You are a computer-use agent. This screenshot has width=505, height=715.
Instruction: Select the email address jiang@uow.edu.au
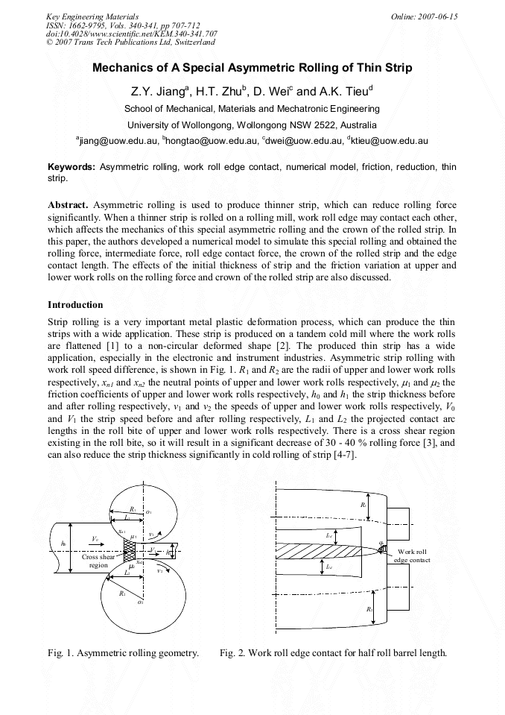118,139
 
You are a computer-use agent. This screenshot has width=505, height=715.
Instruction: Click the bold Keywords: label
72,168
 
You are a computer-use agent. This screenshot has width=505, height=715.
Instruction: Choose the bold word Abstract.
69,204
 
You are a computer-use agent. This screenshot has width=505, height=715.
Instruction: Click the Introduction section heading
75,305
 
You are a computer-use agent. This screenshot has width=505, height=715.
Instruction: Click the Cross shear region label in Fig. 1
98,561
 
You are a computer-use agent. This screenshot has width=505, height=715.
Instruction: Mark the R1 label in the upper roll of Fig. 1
132,508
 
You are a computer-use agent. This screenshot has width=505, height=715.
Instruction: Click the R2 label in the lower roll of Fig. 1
122,593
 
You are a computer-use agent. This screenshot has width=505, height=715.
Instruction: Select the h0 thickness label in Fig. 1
63,544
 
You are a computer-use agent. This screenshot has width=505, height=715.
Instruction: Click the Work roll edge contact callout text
412,555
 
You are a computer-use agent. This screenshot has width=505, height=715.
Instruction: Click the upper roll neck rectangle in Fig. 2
397,520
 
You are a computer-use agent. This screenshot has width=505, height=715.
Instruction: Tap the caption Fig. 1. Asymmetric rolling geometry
123,653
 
